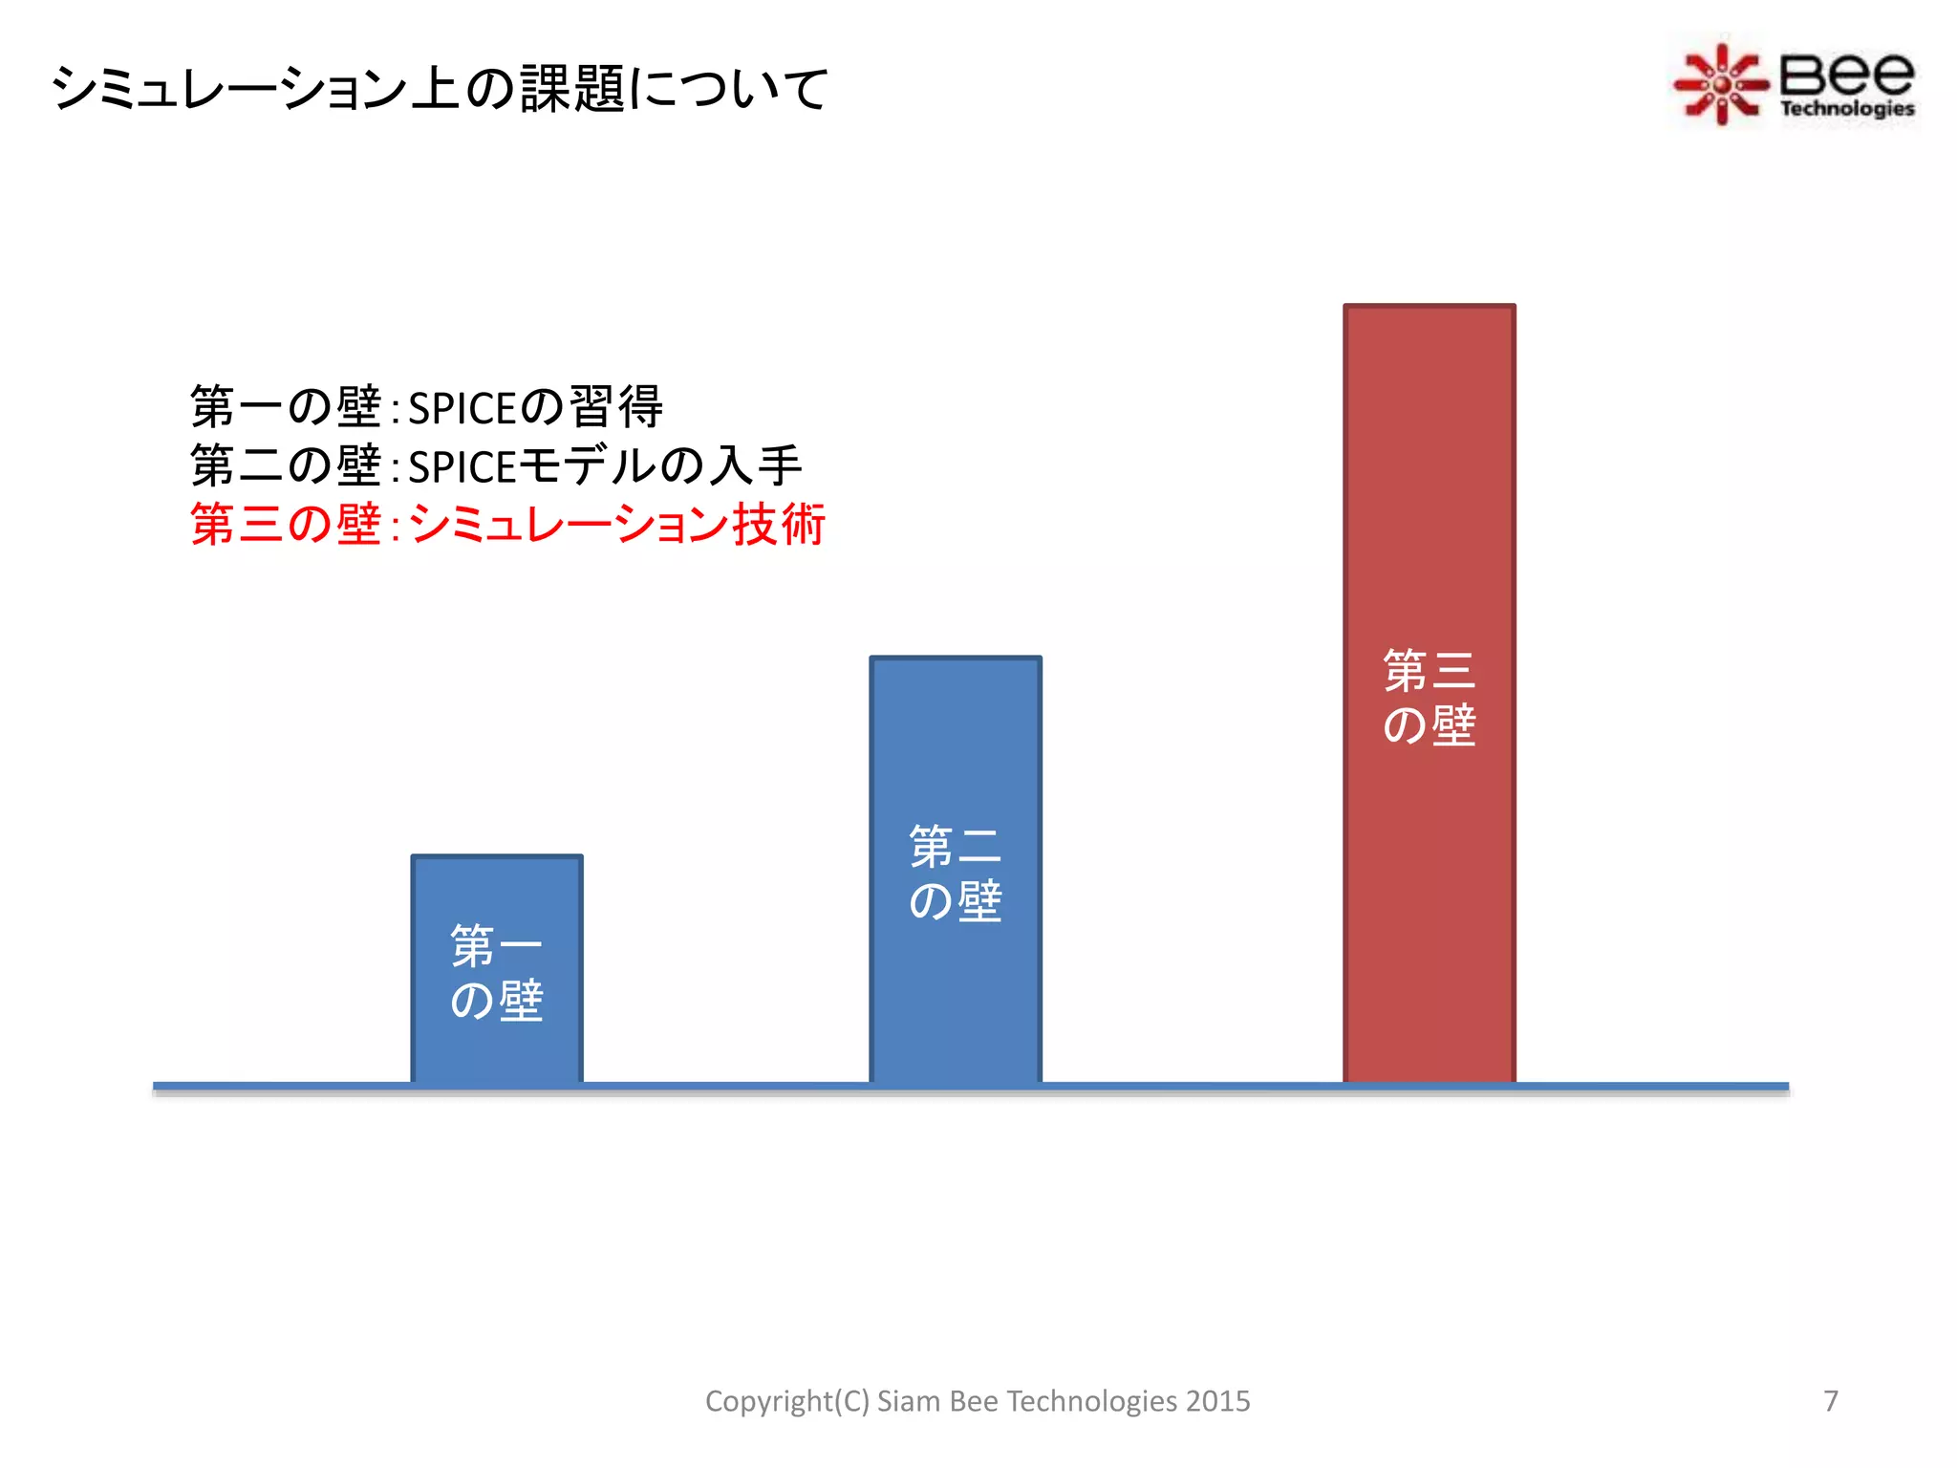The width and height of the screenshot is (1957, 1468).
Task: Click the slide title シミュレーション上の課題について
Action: tap(440, 89)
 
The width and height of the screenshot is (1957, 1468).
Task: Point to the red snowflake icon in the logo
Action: tap(1720, 84)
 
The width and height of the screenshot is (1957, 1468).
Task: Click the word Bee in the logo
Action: tap(1846, 72)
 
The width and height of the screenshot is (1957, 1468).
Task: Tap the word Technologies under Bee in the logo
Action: tap(1846, 109)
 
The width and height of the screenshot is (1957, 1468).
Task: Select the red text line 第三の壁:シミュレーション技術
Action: tap(507, 525)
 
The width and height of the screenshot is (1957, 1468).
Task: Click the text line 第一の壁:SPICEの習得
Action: tap(426, 407)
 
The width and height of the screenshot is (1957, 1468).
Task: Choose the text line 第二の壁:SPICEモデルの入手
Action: tap(496, 466)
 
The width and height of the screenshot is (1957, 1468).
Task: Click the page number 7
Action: tap(1830, 1401)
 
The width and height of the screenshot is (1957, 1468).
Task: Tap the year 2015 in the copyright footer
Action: tap(1218, 1401)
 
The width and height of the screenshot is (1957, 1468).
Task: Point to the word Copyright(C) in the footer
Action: tap(786, 1401)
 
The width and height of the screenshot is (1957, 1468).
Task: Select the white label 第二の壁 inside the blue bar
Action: tap(956, 874)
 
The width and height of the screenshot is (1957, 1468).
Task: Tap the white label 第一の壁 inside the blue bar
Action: tap(497, 973)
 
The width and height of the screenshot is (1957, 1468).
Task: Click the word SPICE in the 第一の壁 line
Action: tap(462, 409)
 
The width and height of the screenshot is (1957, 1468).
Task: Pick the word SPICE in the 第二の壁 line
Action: tap(462, 468)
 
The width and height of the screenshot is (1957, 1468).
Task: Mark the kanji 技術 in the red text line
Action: tap(779, 525)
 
